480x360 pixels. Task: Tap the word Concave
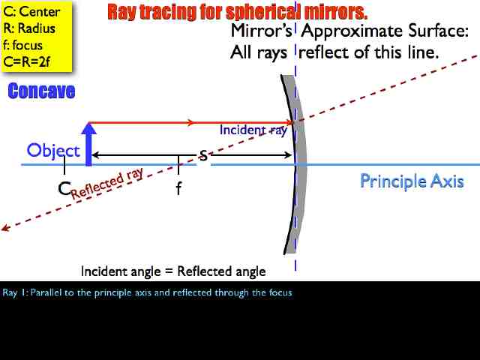point(41,91)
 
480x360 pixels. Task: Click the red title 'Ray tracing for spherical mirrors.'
point(237,12)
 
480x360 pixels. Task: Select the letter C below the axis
point(64,187)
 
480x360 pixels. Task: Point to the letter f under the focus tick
point(178,188)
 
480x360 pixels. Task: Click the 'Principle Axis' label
point(412,181)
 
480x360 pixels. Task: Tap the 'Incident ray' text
point(253,130)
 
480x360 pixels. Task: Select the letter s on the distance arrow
point(202,155)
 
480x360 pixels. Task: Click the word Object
point(52,150)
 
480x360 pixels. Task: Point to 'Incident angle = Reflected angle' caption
point(173,271)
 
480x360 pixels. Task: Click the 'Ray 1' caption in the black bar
point(147,292)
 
